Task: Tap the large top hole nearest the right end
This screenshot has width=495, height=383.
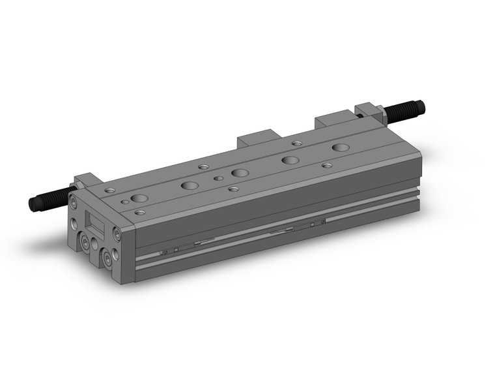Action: (340, 147)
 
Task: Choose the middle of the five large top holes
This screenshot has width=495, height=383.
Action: (240, 173)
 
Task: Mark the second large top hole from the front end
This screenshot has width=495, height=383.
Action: (190, 185)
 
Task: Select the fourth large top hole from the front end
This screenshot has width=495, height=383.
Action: (290, 159)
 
